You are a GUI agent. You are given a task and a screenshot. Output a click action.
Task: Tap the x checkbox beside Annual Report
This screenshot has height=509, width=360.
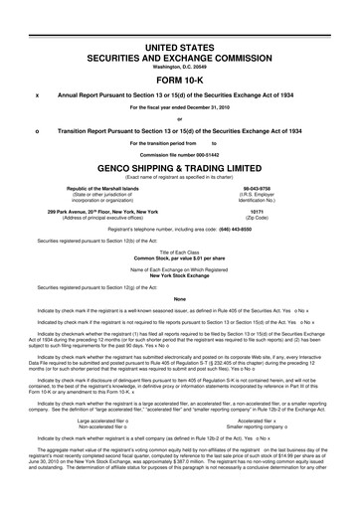click(x=36, y=95)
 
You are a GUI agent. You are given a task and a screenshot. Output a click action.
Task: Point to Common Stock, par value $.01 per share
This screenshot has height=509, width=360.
click(x=180, y=258)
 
